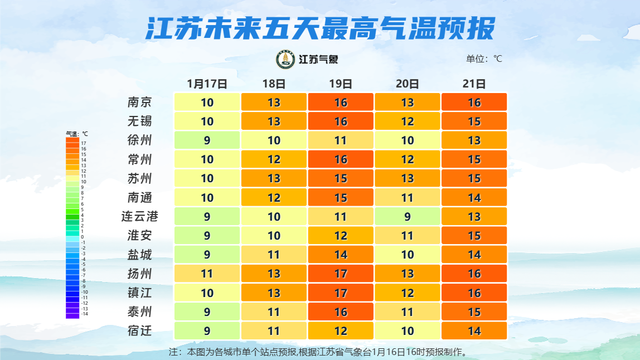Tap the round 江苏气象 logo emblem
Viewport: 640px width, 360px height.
point(286,60)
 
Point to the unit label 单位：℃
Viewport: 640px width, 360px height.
point(484,59)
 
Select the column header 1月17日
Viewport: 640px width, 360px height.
point(207,84)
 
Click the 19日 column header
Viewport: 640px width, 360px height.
point(341,84)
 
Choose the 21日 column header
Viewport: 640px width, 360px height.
point(474,84)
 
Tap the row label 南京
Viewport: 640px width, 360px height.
point(139,103)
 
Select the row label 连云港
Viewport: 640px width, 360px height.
point(139,216)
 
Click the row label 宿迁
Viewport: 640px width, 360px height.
point(139,331)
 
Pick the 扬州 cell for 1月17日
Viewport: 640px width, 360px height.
point(207,274)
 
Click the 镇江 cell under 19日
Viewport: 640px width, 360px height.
point(341,293)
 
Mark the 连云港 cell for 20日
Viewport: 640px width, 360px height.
point(408,216)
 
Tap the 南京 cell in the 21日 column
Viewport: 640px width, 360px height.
point(474,103)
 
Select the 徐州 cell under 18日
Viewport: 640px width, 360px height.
point(274,140)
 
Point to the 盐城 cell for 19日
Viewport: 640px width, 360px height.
point(341,255)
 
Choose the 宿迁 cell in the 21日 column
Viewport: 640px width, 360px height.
point(474,331)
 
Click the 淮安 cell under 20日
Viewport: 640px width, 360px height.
point(408,236)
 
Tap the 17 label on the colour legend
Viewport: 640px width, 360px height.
point(84,143)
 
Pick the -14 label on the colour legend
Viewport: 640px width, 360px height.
point(85,314)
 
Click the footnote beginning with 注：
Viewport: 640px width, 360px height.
point(318,352)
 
